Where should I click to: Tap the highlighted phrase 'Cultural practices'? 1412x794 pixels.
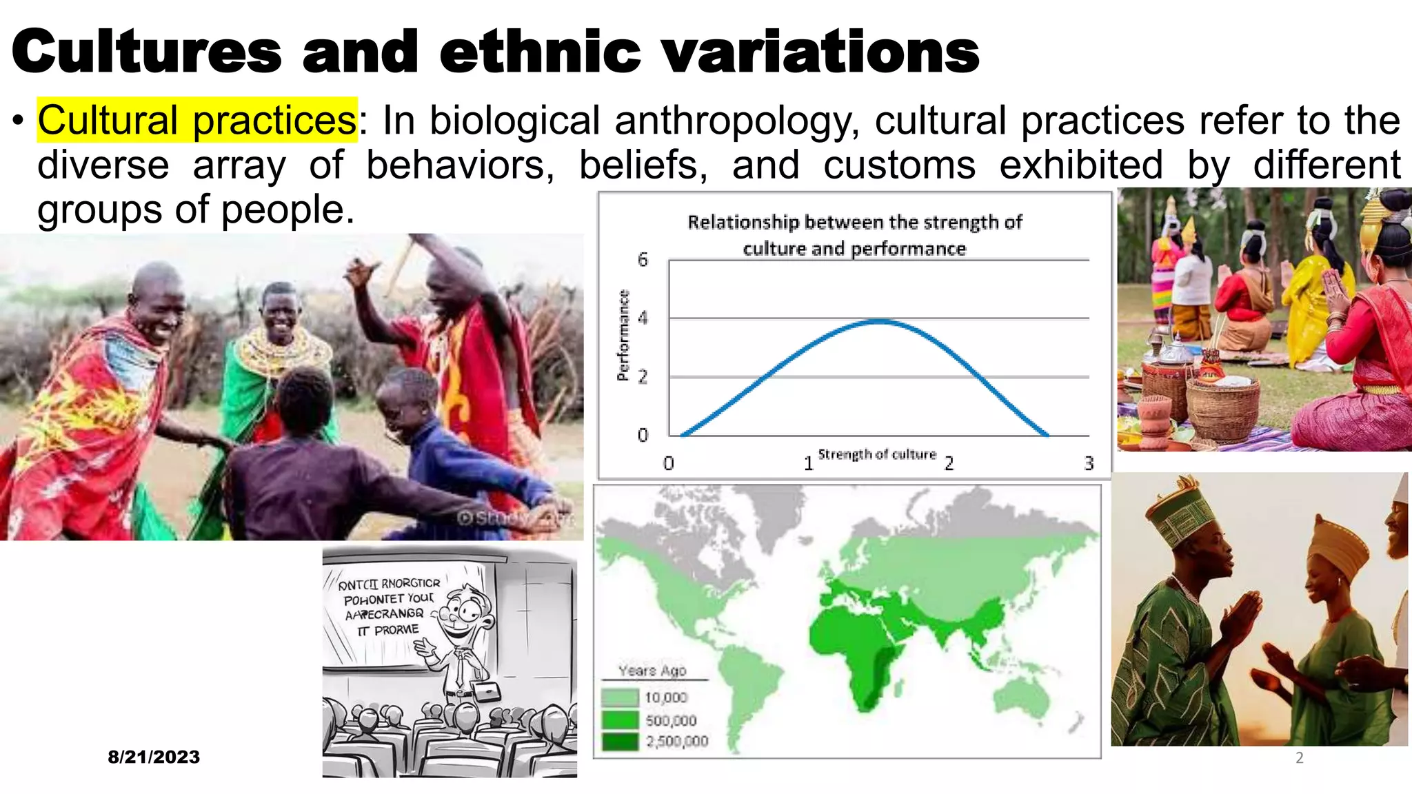pyautogui.click(x=197, y=121)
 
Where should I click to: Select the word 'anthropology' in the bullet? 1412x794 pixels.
pyautogui.click(x=737, y=121)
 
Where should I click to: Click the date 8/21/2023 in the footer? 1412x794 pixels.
pyautogui.click(x=154, y=757)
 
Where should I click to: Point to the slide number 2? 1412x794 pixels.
pyautogui.click(x=1299, y=758)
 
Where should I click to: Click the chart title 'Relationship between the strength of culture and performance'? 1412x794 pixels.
pyautogui.click(x=854, y=235)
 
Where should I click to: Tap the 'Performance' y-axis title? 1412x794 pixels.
pyautogui.click(x=623, y=335)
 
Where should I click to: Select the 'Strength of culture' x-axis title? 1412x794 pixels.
pyautogui.click(x=877, y=454)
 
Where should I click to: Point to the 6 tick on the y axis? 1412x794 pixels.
pyautogui.click(x=643, y=260)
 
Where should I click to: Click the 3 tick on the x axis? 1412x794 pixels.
pyautogui.click(x=1089, y=463)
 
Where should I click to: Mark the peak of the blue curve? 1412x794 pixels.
pyautogui.click(x=879, y=321)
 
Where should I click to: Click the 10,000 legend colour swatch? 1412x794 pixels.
pyautogui.click(x=620, y=698)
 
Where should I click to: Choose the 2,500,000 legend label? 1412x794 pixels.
pyautogui.click(x=677, y=742)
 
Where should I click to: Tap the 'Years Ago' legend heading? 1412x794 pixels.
pyautogui.click(x=652, y=671)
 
